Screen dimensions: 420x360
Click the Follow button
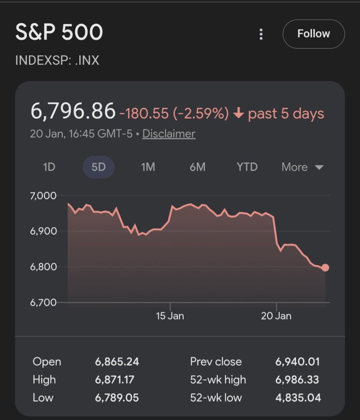[x=313, y=34]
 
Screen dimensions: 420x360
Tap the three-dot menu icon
[x=261, y=34]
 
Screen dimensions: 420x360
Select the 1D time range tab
[x=49, y=167]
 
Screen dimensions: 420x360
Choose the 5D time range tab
[x=98, y=167]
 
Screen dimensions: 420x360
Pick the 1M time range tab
[x=148, y=167]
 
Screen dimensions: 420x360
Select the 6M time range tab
[x=197, y=167]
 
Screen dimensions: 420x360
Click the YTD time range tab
[x=247, y=167]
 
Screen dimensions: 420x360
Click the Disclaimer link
[x=169, y=134]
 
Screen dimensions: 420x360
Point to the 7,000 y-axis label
[x=43, y=196]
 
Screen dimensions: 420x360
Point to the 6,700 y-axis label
[x=43, y=303]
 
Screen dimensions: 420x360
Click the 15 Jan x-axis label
[x=170, y=316]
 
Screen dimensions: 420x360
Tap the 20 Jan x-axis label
[x=277, y=316]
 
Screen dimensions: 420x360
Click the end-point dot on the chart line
[x=325, y=268]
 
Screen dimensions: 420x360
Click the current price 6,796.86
[x=73, y=112]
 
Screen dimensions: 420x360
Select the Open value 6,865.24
[x=117, y=362]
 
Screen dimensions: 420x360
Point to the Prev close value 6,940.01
[x=297, y=362]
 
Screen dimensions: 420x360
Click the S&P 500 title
[x=59, y=33]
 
